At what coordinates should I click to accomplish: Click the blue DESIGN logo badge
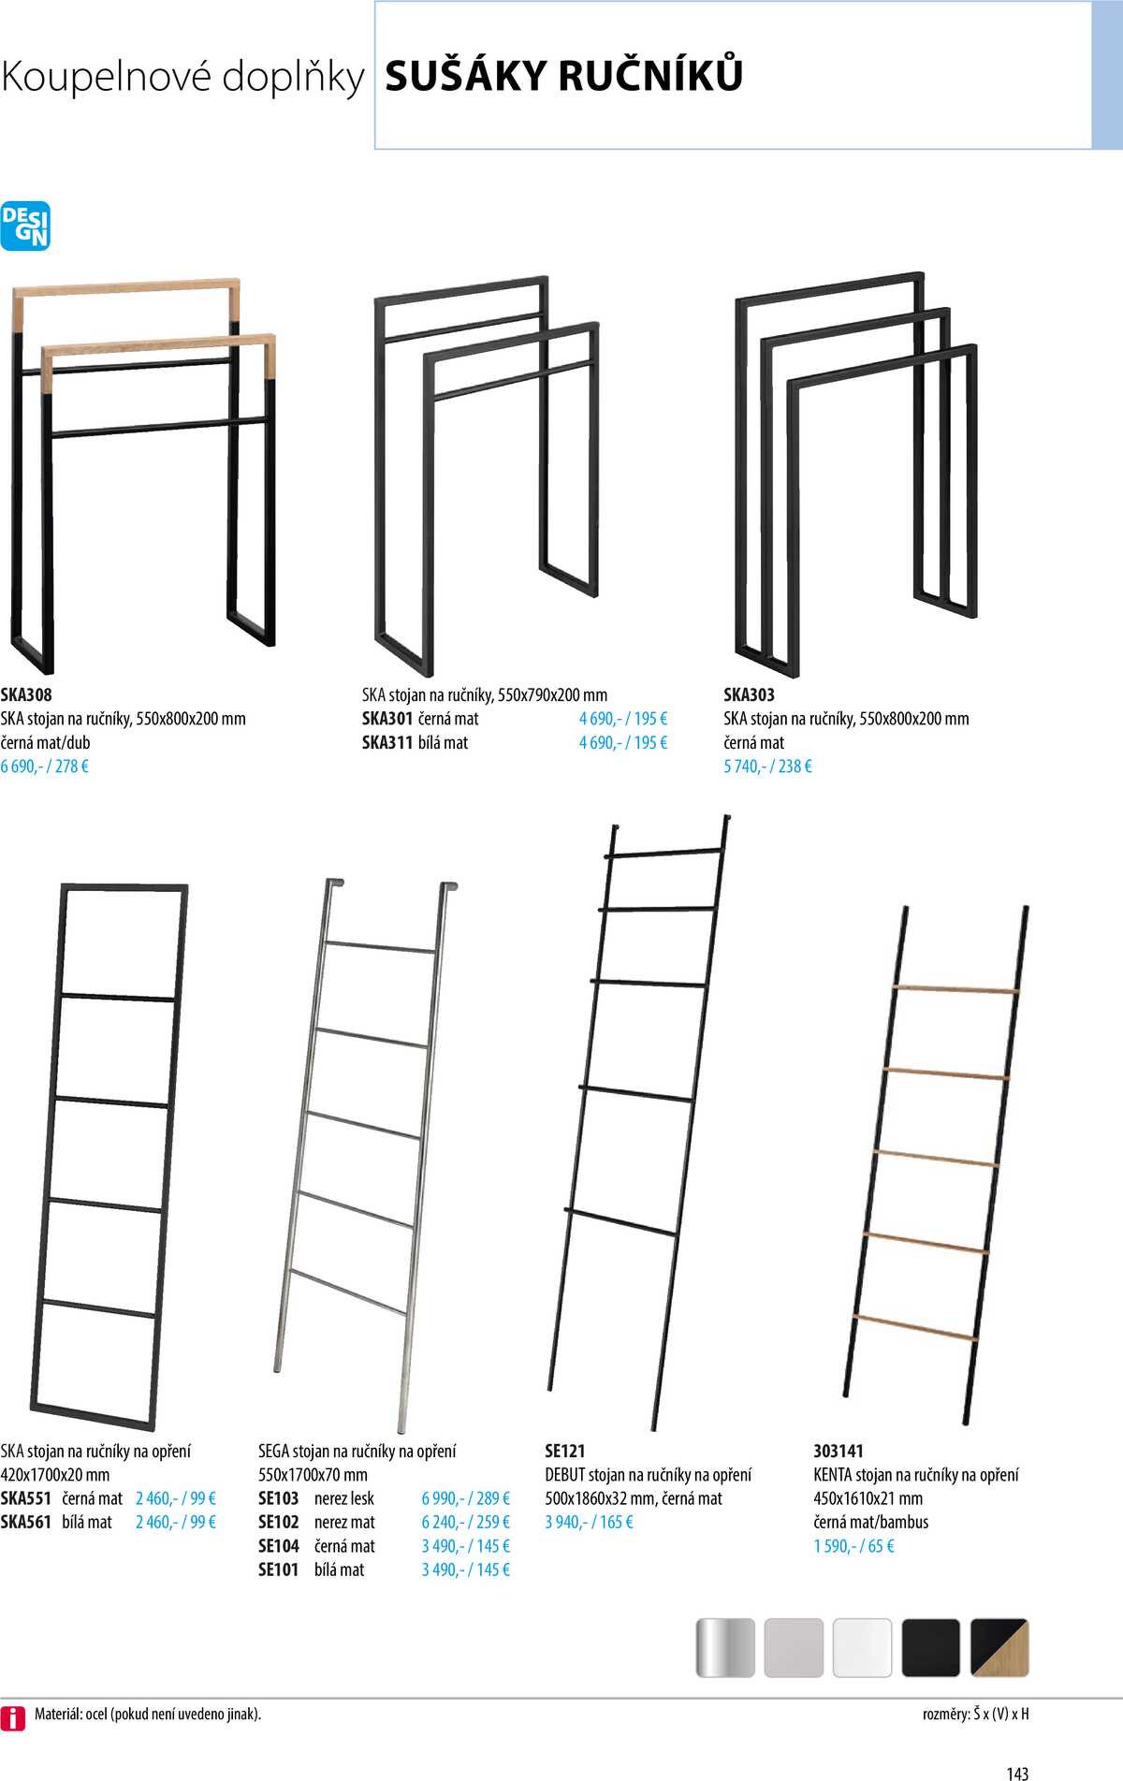[x=25, y=226]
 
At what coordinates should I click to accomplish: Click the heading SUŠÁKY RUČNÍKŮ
[x=564, y=75]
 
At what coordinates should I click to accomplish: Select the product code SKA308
[x=26, y=694]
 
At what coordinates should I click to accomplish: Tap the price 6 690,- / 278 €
[x=45, y=766]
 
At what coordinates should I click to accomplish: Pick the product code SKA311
[x=387, y=743]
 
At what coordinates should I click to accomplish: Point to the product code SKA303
[x=750, y=694]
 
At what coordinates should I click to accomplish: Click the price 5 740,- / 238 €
[x=768, y=766]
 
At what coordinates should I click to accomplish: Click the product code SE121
[x=565, y=1451]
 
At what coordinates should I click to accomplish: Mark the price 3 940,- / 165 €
[x=590, y=1523]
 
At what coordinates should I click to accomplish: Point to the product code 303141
[x=839, y=1451]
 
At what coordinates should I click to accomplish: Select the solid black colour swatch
[x=931, y=1648]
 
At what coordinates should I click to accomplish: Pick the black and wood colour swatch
[x=999, y=1648]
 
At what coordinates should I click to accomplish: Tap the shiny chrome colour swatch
[x=725, y=1648]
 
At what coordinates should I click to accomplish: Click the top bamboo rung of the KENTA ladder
[x=955, y=989]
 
